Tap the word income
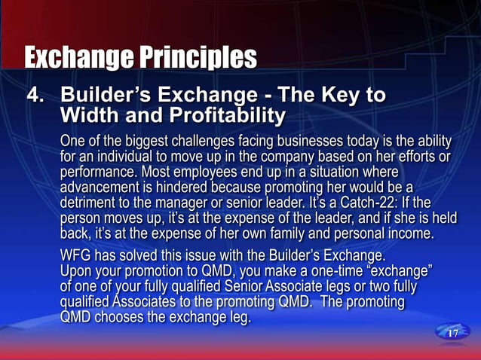411,233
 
